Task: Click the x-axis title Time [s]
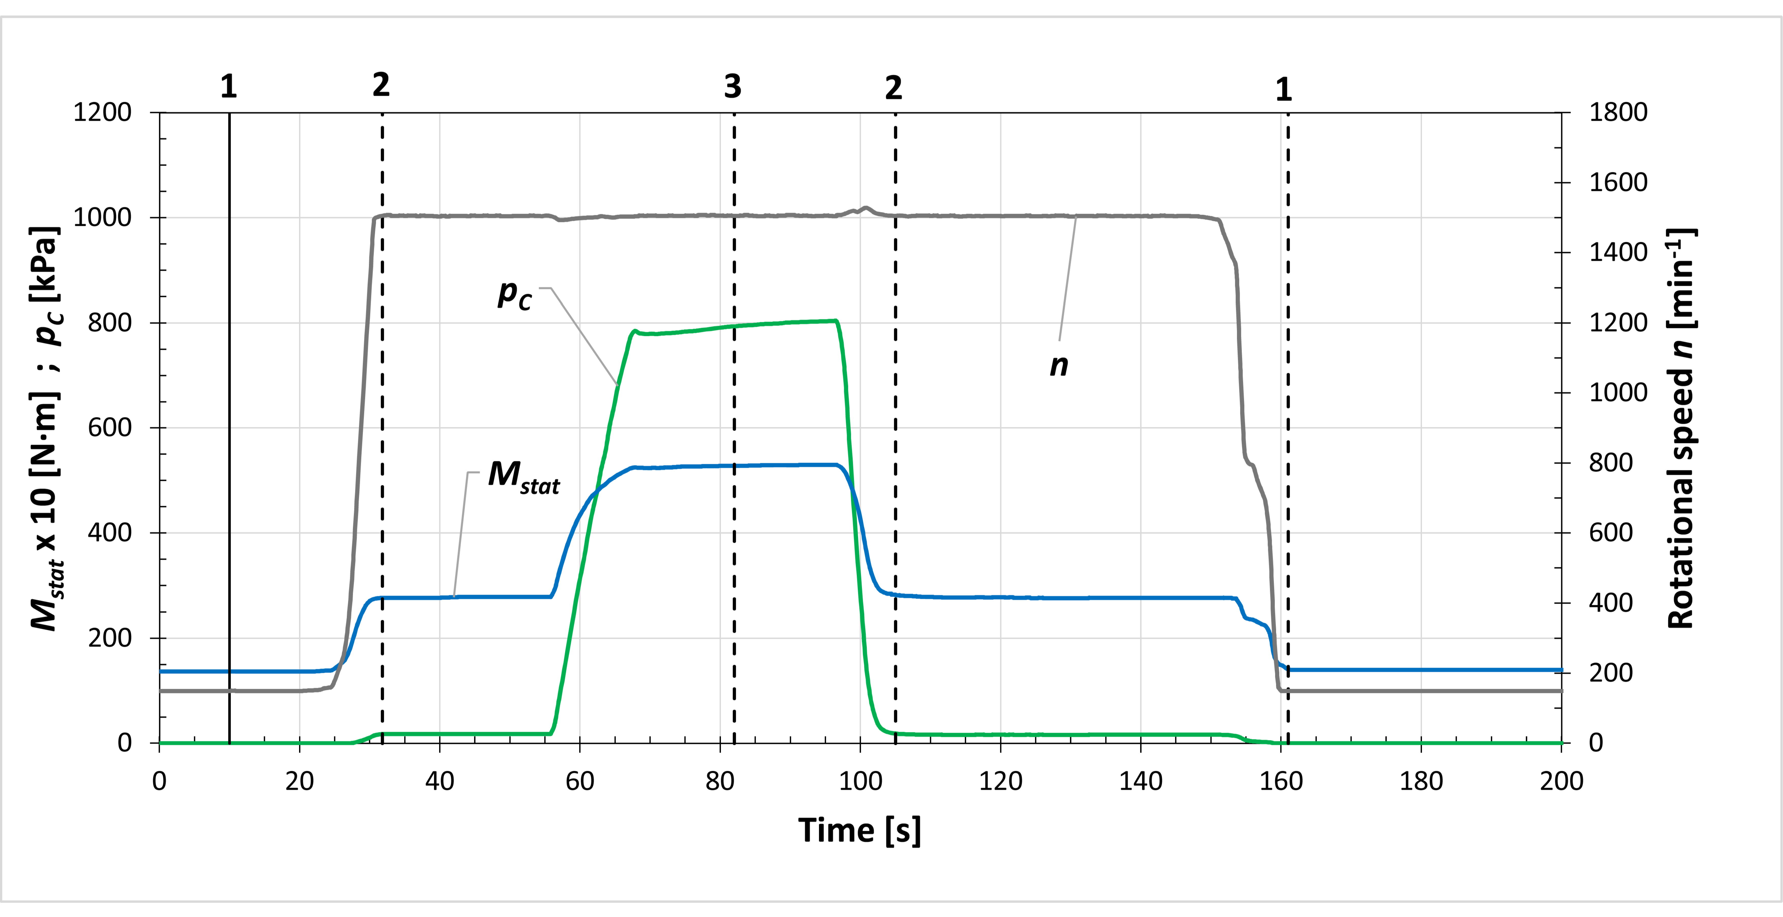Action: point(859,830)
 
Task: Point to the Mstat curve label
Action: point(523,477)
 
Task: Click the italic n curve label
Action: point(1058,365)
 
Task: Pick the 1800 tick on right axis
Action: point(1618,112)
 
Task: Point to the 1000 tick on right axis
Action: point(1618,392)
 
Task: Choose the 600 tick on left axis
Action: point(109,428)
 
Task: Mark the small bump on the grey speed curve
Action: point(865,208)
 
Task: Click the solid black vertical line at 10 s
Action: point(229,415)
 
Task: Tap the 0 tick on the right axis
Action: point(1595,743)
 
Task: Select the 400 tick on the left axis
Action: point(109,533)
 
